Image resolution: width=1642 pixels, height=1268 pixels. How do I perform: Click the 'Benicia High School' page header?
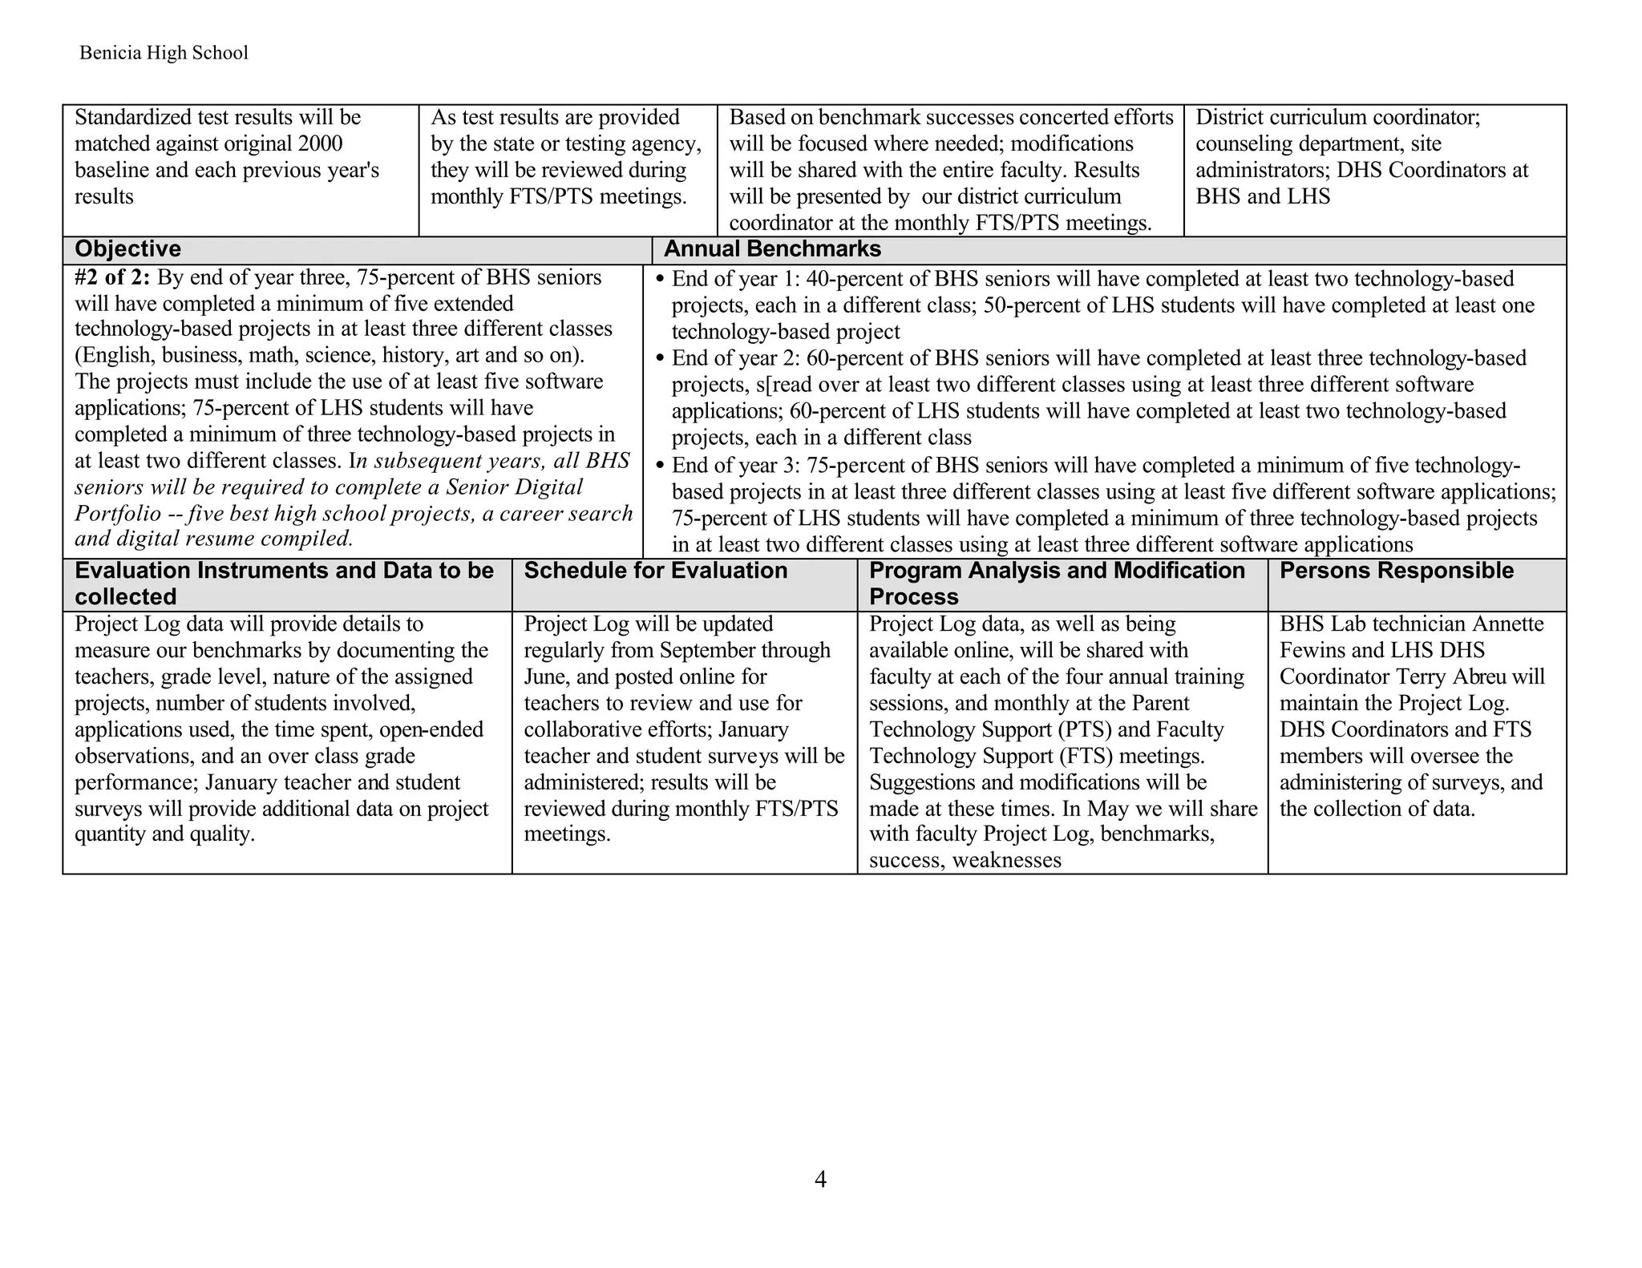coord(164,53)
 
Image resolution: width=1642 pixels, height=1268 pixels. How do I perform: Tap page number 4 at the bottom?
coord(820,1179)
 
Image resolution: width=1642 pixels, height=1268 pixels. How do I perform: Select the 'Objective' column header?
coord(127,249)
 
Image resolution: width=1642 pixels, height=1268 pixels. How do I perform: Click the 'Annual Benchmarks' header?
coord(772,249)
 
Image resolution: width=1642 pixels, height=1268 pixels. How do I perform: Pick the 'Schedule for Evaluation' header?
coord(655,571)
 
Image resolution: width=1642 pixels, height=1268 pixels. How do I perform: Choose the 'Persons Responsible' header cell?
coord(1396,571)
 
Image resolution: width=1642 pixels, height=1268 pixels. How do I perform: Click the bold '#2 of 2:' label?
coord(112,277)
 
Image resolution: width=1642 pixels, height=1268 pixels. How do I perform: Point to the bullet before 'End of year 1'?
coord(661,280)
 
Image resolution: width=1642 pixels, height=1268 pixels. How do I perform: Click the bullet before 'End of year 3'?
coord(661,466)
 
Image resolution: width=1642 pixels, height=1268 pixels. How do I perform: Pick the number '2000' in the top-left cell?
coord(320,143)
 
